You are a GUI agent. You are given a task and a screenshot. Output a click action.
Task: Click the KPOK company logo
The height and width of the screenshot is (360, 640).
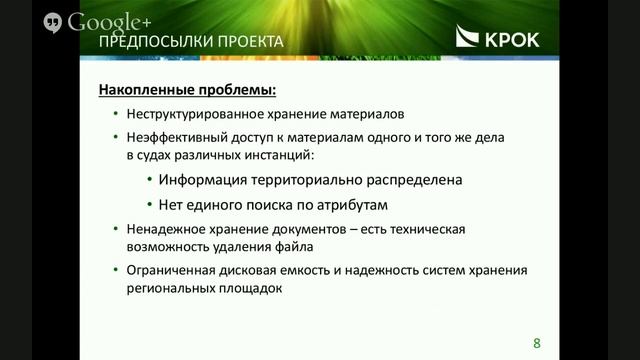pyautogui.click(x=497, y=39)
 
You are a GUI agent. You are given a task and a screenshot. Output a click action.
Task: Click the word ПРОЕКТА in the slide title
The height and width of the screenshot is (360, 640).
pyautogui.click(x=247, y=42)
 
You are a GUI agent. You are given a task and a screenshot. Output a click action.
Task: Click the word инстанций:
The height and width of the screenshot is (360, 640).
pyautogui.click(x=284, y=156)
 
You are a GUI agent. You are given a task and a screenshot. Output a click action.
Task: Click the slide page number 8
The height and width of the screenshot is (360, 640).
pyautogui.click(x=536, y=343)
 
